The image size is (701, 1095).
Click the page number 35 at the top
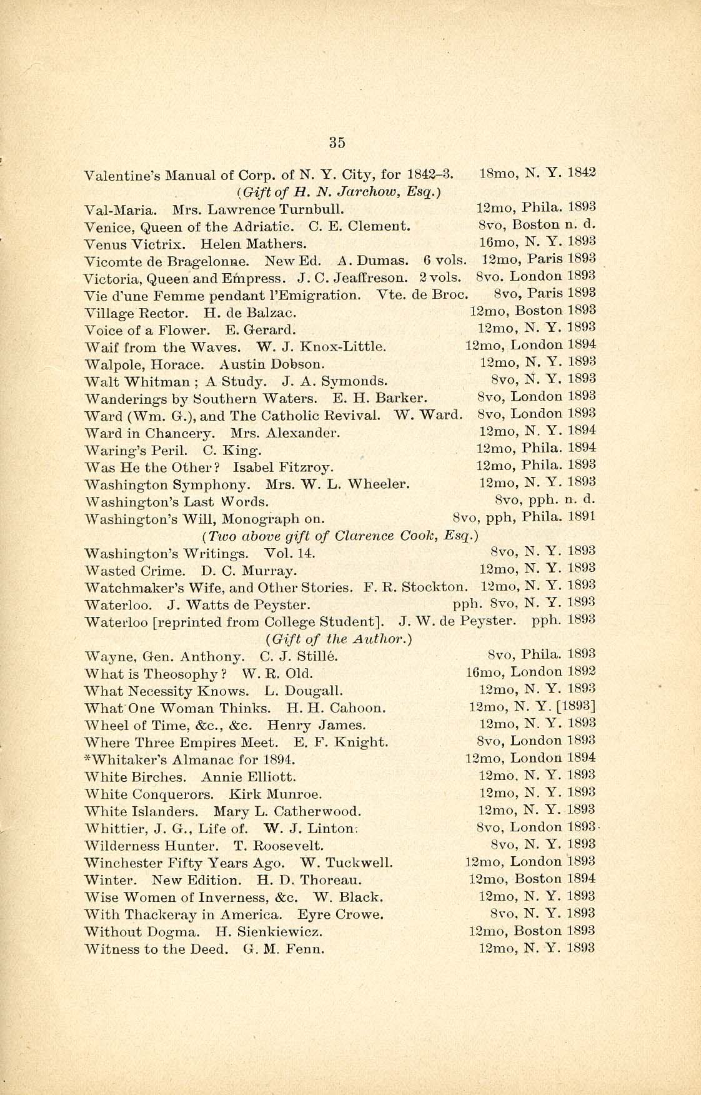pos(337,142)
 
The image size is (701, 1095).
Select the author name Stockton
pos(434,587)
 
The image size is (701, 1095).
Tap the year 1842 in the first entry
pos(582,173)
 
